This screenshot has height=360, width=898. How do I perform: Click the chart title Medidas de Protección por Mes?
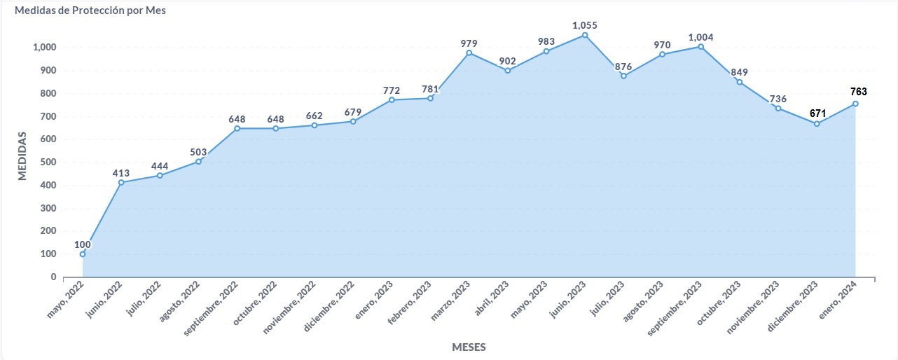90,12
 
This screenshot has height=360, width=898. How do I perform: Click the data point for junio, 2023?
585,35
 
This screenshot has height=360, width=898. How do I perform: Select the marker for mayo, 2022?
83,254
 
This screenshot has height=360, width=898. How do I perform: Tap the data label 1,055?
585,25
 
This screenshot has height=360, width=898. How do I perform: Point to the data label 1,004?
700,37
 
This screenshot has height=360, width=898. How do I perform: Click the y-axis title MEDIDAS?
22,155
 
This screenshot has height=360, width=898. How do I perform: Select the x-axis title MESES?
469,347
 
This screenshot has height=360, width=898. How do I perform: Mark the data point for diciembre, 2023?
817,124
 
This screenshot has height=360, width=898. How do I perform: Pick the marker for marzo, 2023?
469,53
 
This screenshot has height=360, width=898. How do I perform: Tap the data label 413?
121,172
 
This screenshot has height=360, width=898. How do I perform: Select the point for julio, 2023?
623,76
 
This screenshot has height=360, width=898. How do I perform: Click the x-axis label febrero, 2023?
410,303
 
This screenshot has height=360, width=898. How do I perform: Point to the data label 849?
740,72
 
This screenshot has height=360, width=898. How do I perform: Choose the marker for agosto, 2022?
199,162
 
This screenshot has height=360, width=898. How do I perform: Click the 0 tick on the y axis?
53,277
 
